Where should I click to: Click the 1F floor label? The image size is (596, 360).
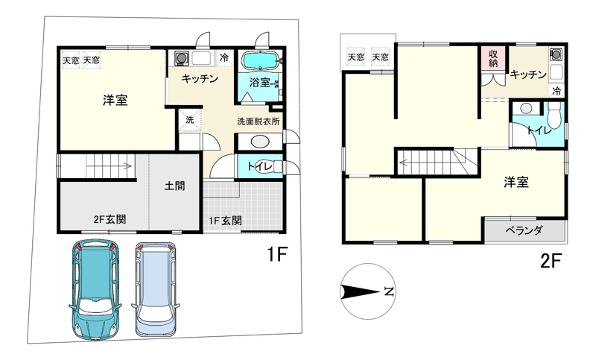click(277, 255)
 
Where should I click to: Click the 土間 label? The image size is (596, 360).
click(175, 188)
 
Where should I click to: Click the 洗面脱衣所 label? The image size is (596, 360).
click(258, 121)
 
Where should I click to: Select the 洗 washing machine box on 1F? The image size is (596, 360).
click(188, 119)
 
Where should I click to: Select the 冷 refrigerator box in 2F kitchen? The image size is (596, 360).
click(556, 90)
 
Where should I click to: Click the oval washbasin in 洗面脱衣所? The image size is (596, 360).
click(260, 142)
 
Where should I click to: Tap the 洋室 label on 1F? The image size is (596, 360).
click(113, 101)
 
